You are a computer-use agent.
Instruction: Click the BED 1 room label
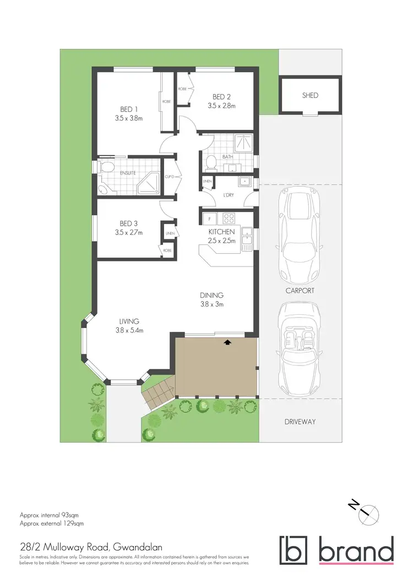click(x=129, y=108)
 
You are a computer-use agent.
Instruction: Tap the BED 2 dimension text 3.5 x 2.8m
click(x=221, y=106)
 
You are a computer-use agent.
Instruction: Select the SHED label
click(x=310, y=95)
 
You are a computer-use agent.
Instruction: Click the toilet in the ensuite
click(x=106, y=167)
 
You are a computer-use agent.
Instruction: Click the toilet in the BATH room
click(x=210, y=162)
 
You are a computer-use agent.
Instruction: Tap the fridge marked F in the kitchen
click(x=209, y=219)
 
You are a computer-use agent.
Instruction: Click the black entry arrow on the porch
click(x=227, y=342)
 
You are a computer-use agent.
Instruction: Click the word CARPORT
click(x=300, y=291)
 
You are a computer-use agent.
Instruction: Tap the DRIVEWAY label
click(x=300, y=422)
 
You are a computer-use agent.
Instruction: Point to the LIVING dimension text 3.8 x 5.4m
click(x=129, y=330)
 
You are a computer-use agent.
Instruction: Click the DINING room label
click(x=211, y=295)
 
